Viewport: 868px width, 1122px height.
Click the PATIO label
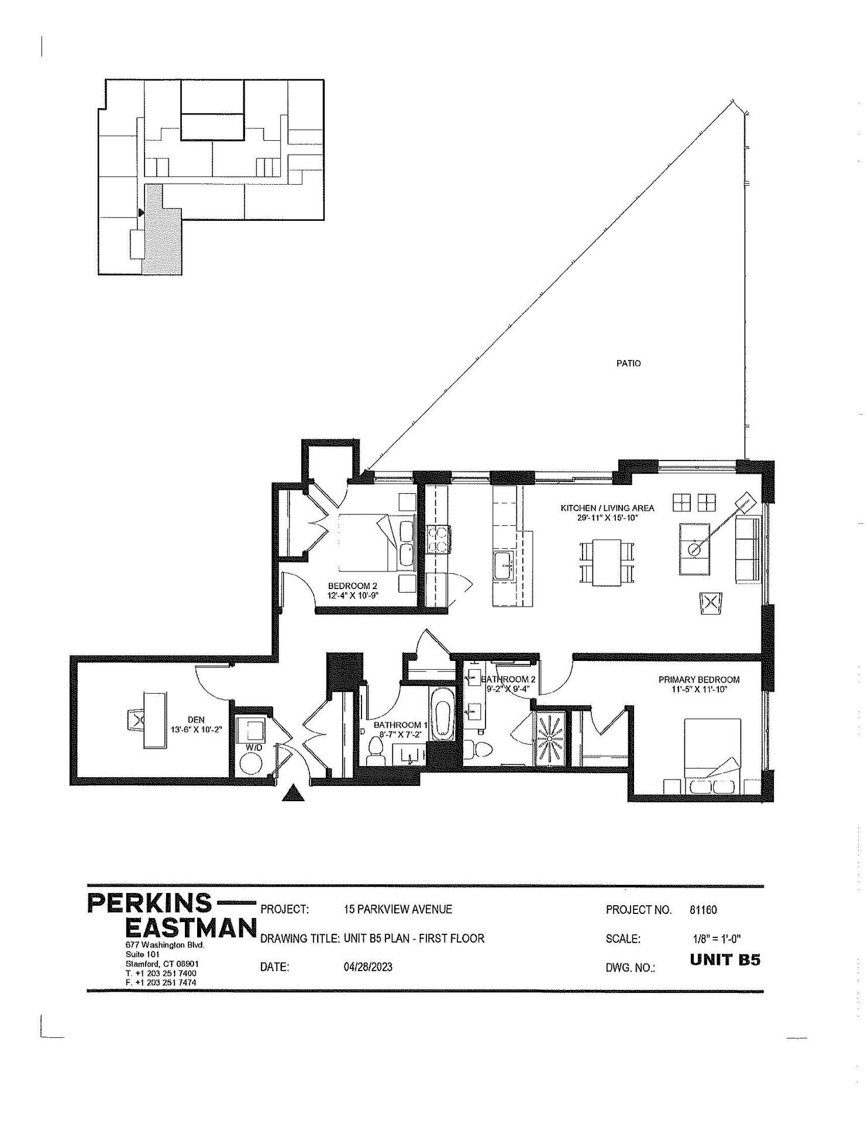628,363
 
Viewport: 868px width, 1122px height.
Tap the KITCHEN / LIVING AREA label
607,508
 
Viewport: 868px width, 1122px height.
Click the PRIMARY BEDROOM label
698,680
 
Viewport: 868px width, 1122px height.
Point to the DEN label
196,720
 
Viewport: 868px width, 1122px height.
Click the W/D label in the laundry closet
253,747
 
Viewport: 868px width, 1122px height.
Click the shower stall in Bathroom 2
550,738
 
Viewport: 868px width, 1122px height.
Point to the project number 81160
703,909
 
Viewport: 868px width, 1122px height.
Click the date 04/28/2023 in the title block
368,967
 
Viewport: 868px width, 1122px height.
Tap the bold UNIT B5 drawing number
725,960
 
